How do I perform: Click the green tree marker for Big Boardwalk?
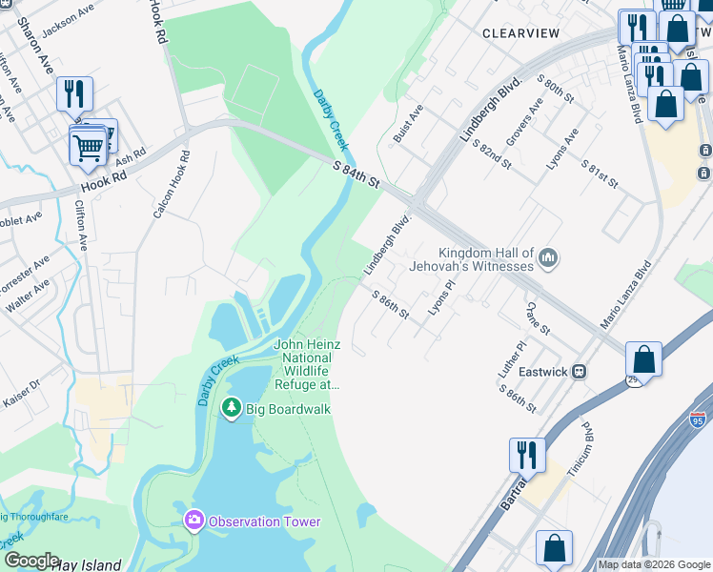tap(231, 409)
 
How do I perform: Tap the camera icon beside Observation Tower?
tap(194, 521)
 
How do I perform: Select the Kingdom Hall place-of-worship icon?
tap(548, 257)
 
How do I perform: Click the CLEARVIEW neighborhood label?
tap(520, 32)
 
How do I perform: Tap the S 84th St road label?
tap(356, 176)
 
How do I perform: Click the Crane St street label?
tap(538, 317)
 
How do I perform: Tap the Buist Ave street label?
tap(408, 125)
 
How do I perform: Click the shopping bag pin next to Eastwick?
tap(643, 361)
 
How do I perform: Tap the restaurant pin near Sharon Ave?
tap(73, 93)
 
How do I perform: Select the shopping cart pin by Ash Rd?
tap(88, 147)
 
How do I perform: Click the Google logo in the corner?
tap(31, 561)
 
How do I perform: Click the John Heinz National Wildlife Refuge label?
tap(307, 365)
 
